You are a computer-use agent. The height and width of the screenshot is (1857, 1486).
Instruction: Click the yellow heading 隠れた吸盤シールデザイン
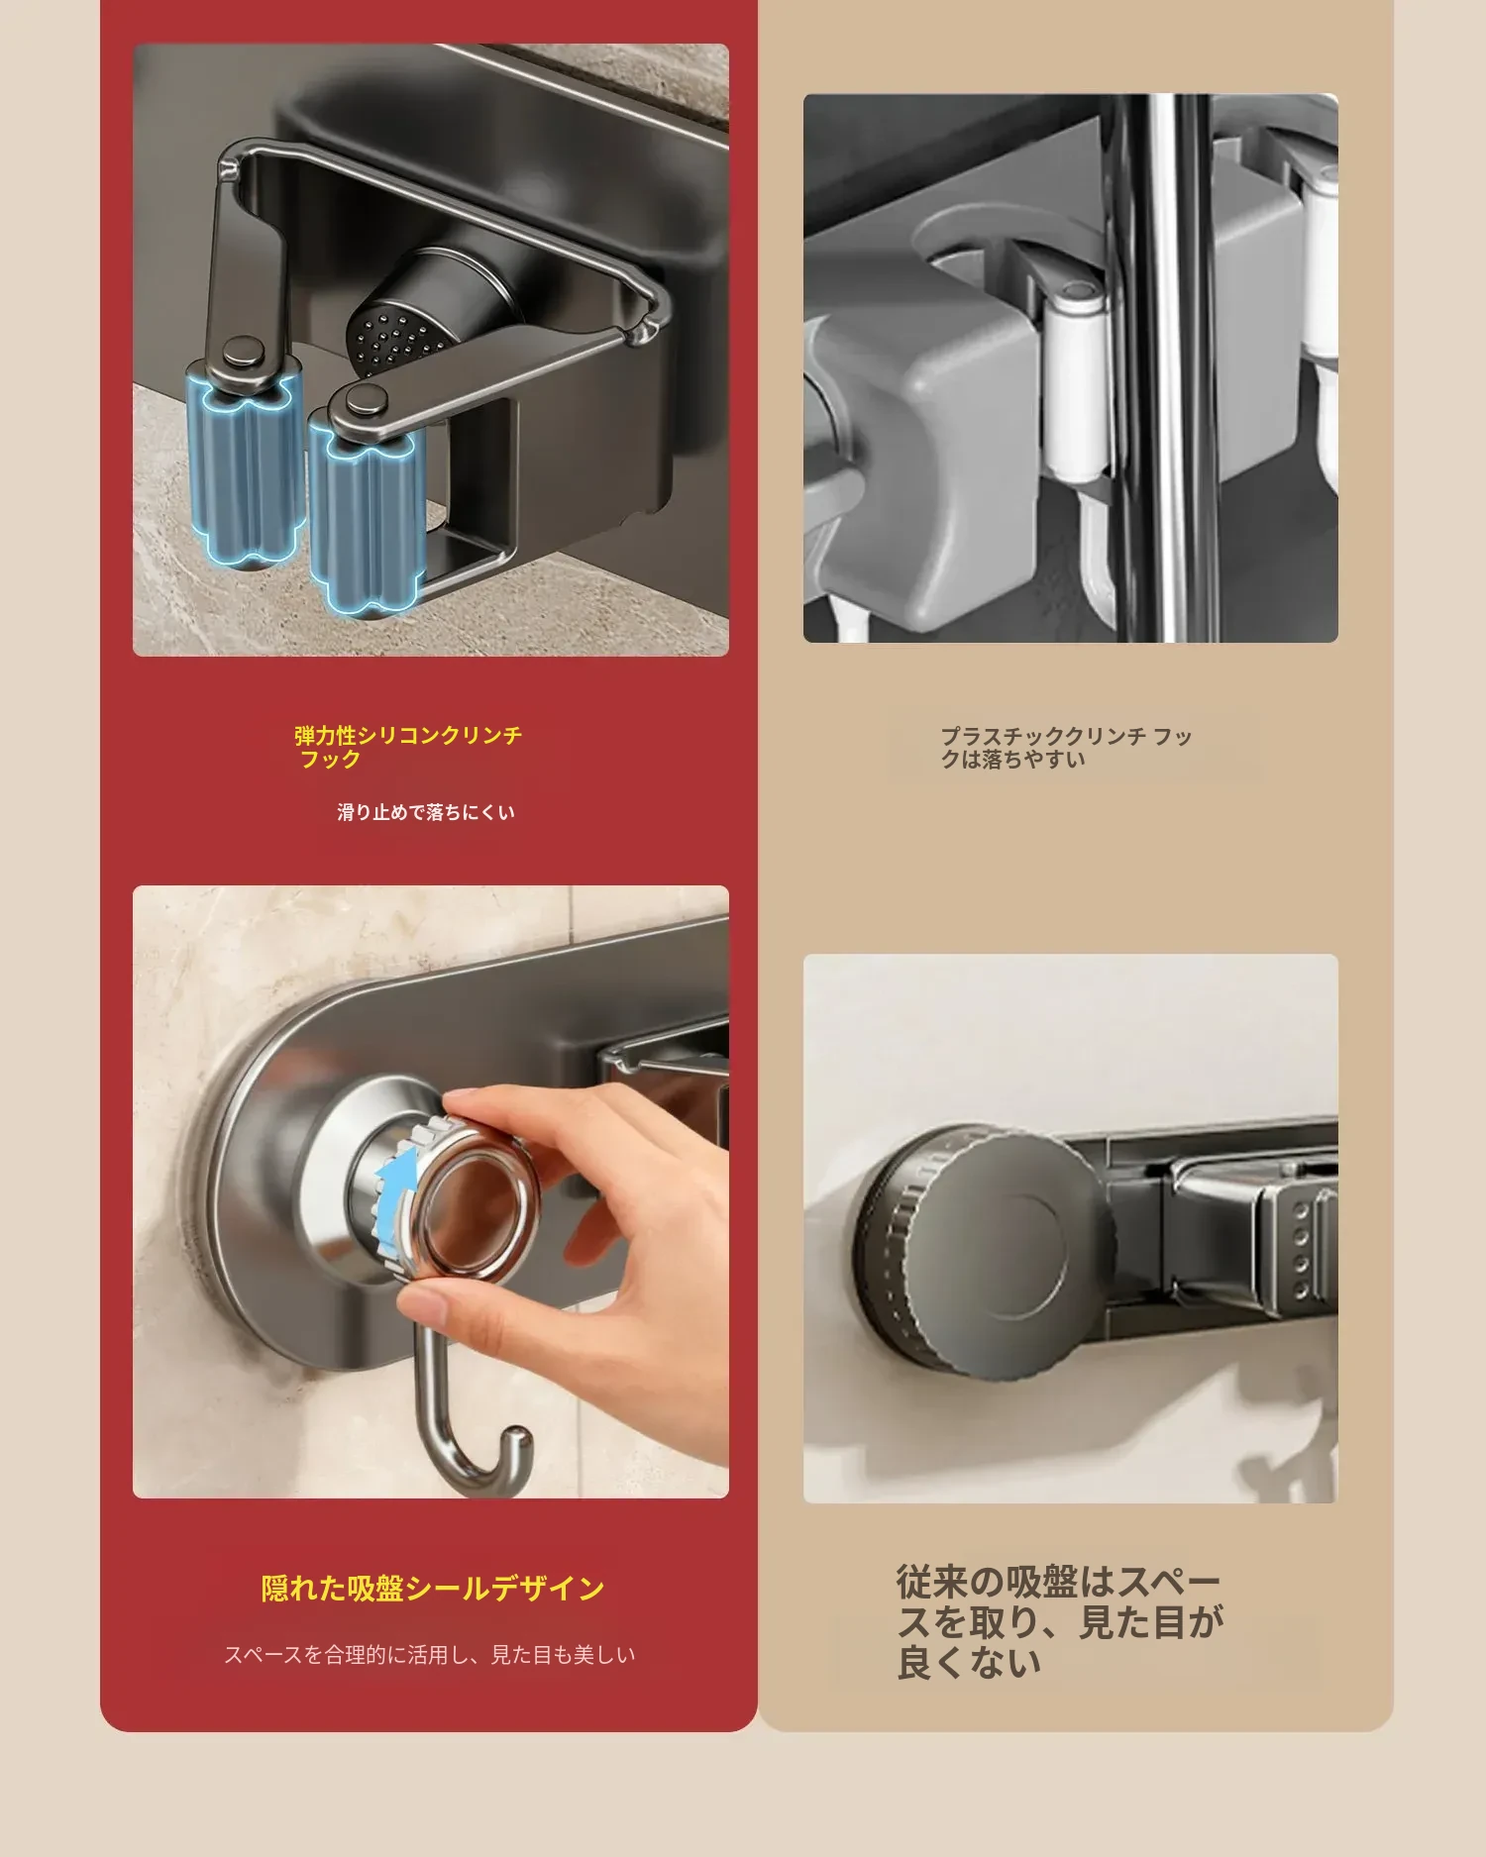click(x=433, y=1588)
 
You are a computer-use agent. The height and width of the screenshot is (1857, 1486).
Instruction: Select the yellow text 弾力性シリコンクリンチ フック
click(x=408, y=747)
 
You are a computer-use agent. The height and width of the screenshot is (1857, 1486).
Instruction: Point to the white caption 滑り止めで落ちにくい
click(x=426, y=812)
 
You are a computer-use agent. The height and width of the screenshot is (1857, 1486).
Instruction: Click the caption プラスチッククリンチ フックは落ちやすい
click(x=1066, y=748)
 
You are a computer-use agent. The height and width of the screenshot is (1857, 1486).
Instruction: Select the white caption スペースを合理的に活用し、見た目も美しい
click(x=429, y=1654)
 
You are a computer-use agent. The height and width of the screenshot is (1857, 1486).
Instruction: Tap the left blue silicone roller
click(x=245, y=465)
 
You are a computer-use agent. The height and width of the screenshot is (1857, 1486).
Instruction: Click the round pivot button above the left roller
click(x=244, y=350)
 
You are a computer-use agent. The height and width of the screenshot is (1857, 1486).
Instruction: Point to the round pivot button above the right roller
click(x=364, y=401)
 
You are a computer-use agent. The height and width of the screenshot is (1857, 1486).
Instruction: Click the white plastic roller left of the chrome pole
click(x=1072, y=381)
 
